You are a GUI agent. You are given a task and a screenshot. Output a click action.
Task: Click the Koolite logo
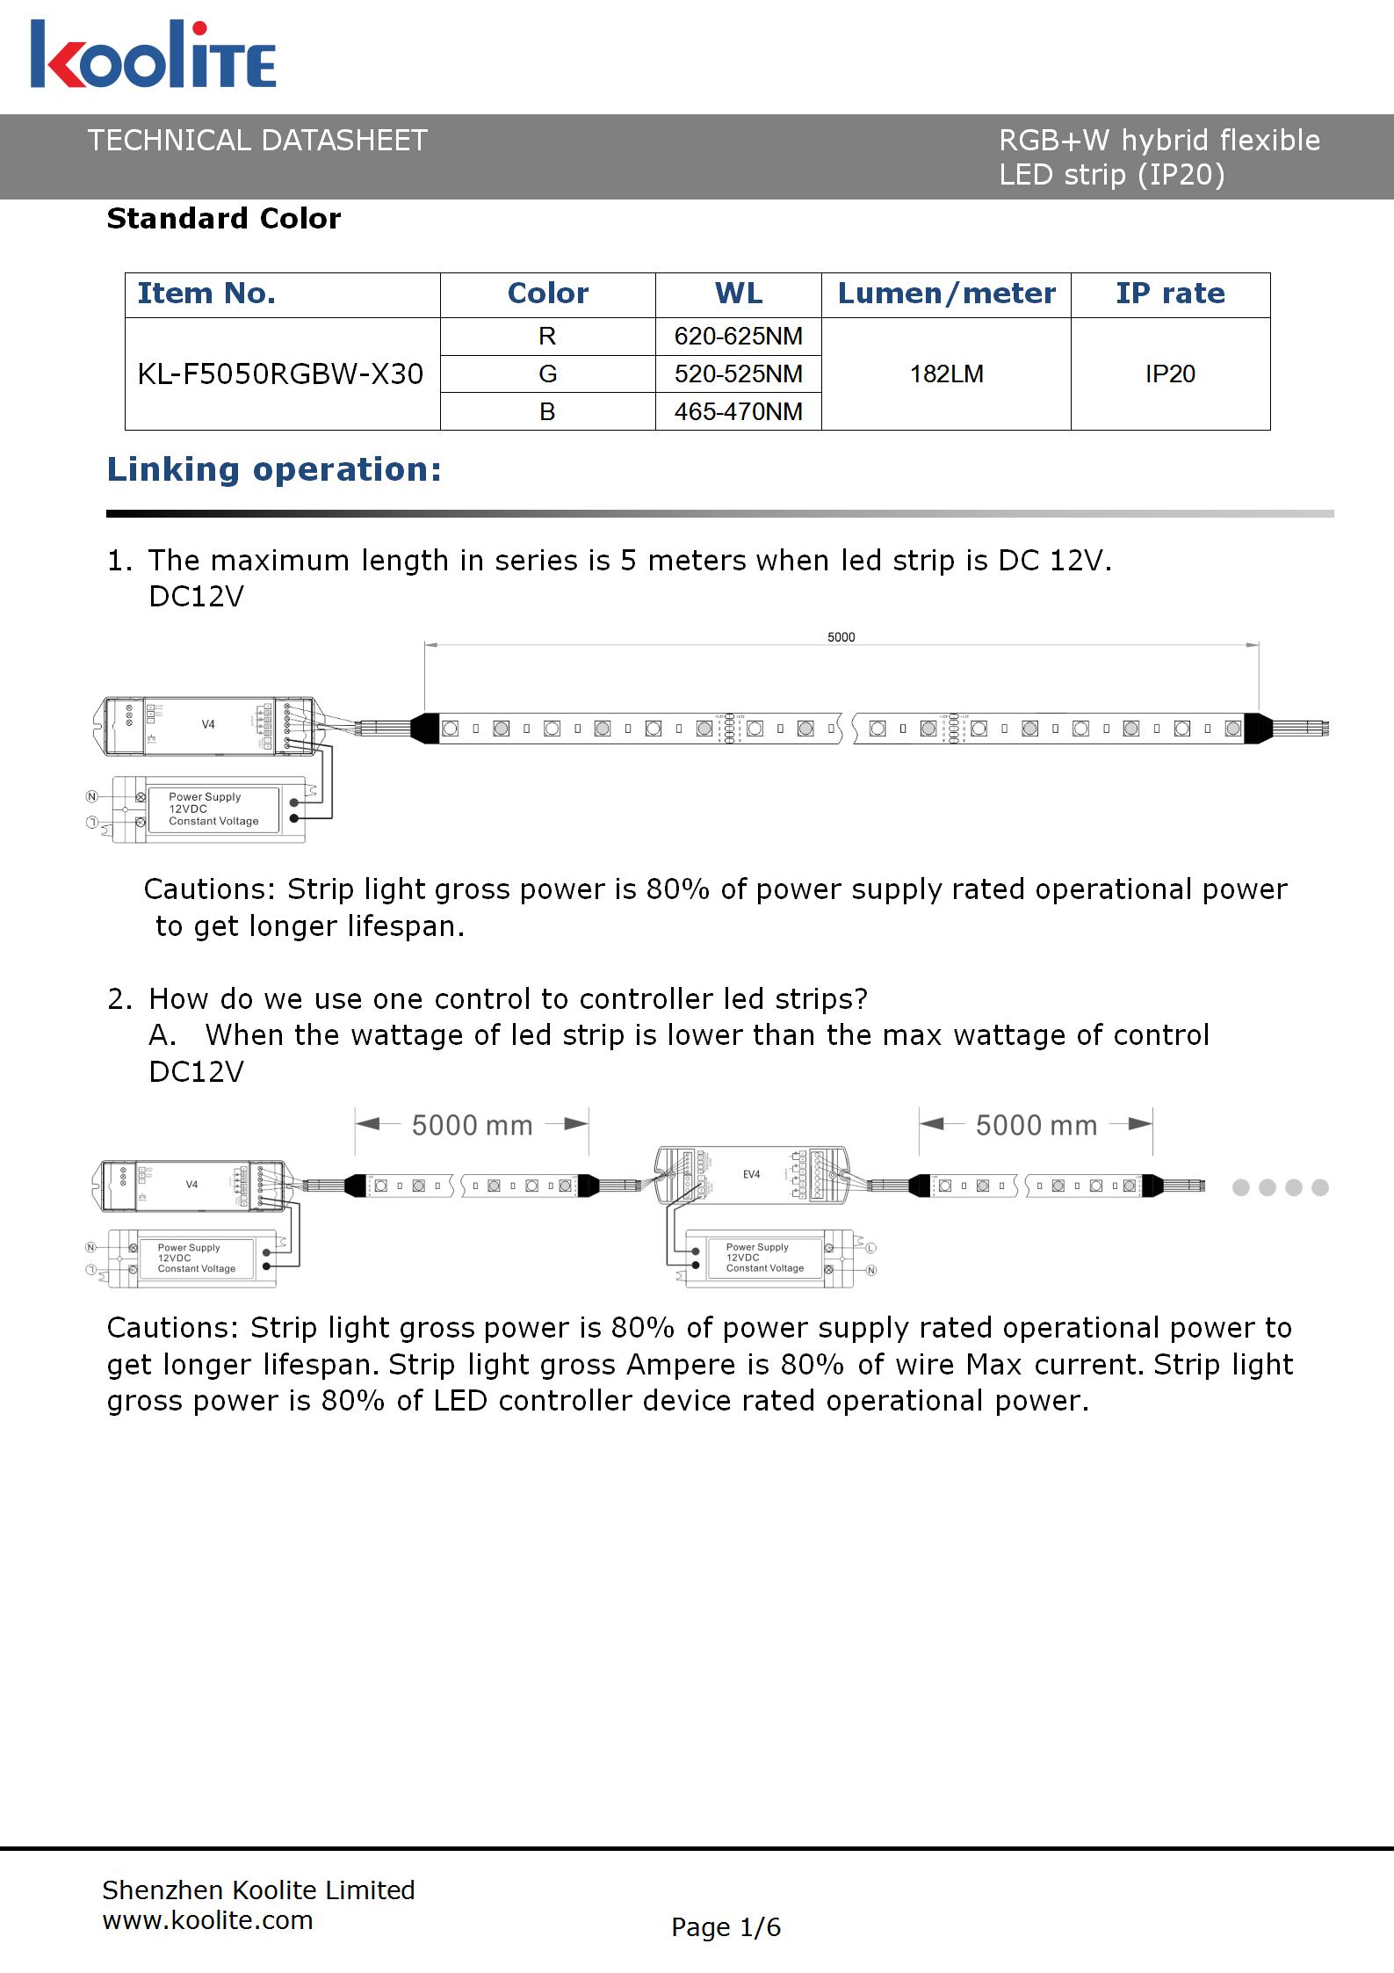click(154, 55)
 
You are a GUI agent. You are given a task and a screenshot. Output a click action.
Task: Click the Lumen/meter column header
click(946, 294)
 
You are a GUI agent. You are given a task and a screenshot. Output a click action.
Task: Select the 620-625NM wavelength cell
click(738, 337)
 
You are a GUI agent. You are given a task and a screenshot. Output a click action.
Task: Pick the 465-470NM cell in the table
click(738, 411)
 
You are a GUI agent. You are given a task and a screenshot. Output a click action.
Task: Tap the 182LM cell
click(946, 374)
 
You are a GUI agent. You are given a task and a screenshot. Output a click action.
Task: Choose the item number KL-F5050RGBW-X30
click(280, 374)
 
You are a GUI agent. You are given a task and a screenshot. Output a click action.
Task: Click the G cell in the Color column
click(547, 374)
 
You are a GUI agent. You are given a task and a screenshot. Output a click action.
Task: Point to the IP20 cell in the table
click(1169, 374)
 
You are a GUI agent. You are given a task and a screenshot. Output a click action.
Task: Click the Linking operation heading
click(273, 469)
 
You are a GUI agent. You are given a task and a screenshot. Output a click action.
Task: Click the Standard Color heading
click(223, 218)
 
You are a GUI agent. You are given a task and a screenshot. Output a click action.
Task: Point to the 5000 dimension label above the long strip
click(841, 637)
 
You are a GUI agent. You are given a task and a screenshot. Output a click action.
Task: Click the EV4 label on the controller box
click(752, 1174)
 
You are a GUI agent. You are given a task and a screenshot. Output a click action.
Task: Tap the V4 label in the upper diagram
click(208, 724)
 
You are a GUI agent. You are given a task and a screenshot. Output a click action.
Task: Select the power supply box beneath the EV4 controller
click(764, 1258)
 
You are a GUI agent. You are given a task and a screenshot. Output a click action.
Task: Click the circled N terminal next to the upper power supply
click(91, 796)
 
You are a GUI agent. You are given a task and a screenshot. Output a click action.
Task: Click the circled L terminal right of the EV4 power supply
click(871, 1248)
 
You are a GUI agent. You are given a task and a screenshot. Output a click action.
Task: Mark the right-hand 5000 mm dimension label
click(1036, 1125)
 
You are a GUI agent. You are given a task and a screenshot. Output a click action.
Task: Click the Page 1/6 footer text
click(726, 1927)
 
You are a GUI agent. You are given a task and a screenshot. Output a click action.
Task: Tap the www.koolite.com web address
click(207, 1920)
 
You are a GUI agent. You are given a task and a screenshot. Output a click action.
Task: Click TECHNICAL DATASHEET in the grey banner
click(257, 141)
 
